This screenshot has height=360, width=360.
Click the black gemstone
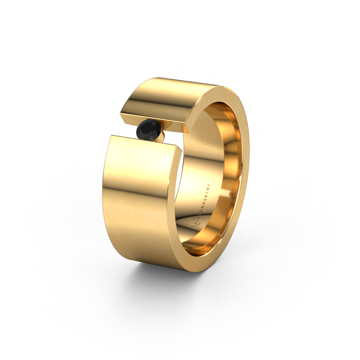(151, 131)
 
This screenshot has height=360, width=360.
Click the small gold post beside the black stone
(163, 136)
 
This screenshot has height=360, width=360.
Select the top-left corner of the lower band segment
(111, 135)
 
